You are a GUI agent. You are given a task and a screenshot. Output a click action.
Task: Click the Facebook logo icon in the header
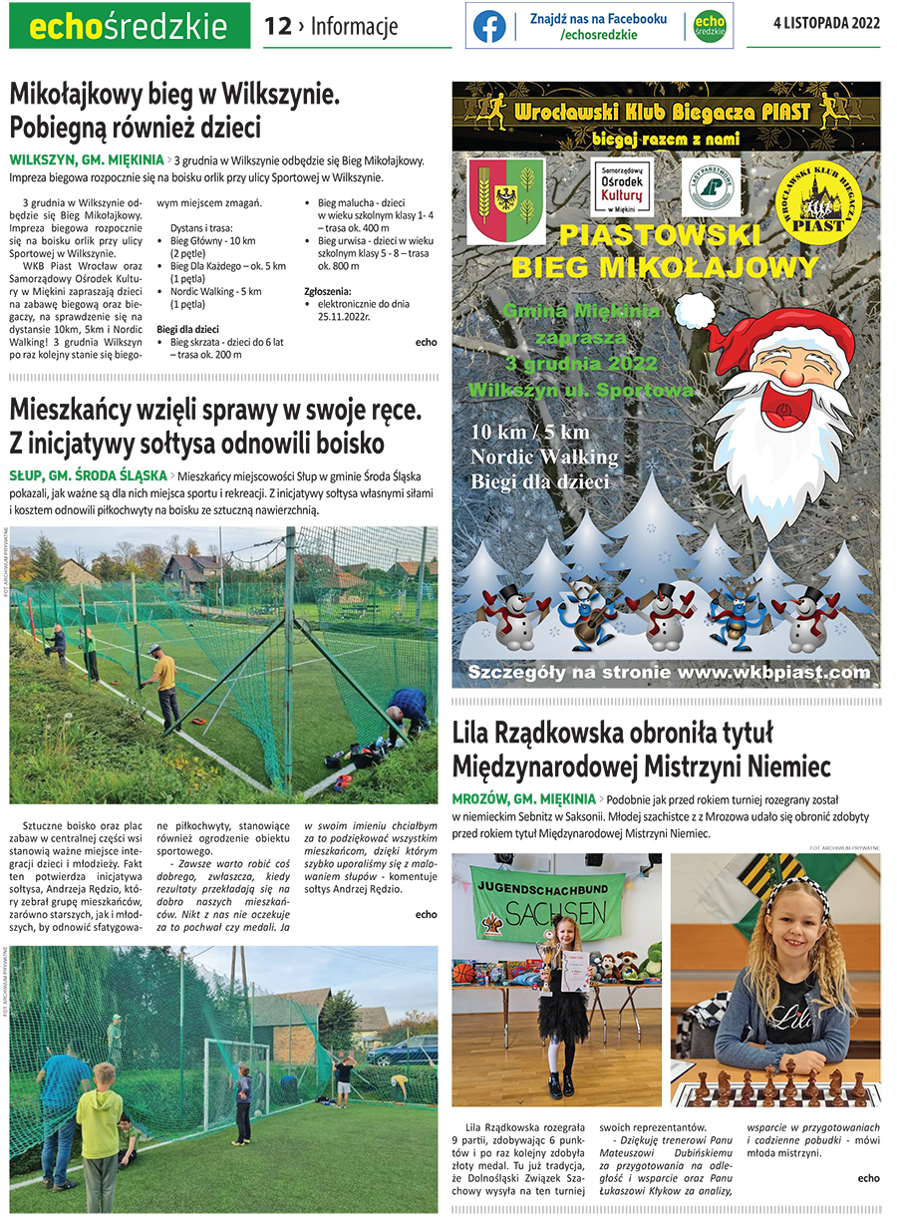[489, 26]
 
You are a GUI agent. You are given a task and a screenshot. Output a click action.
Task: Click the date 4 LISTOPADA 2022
[826, 24]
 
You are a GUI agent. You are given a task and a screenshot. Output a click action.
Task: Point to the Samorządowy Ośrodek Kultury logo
[622, 188]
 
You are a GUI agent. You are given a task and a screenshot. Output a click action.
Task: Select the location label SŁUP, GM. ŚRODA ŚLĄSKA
[88, 475]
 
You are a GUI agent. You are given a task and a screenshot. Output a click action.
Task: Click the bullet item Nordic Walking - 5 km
[215, 291]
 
